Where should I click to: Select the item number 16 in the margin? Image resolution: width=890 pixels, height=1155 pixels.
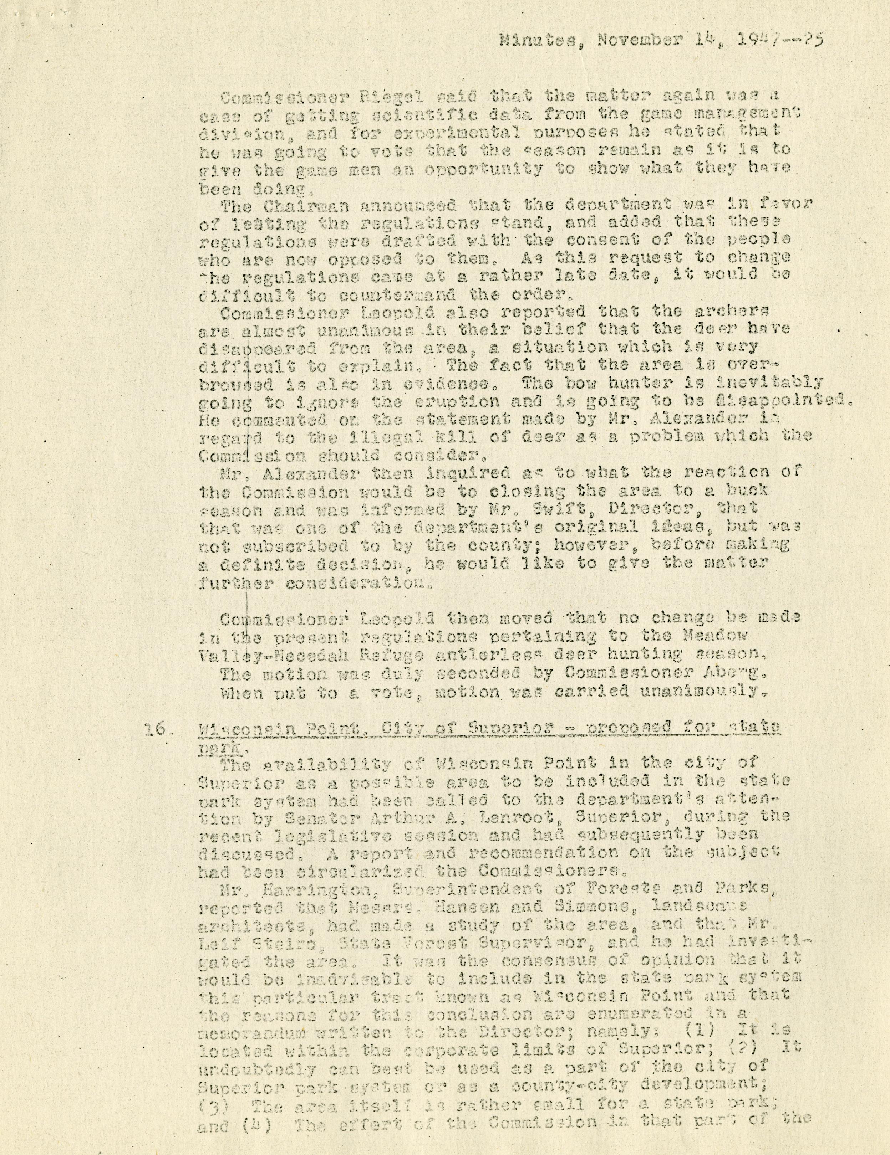pos(152,729)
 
